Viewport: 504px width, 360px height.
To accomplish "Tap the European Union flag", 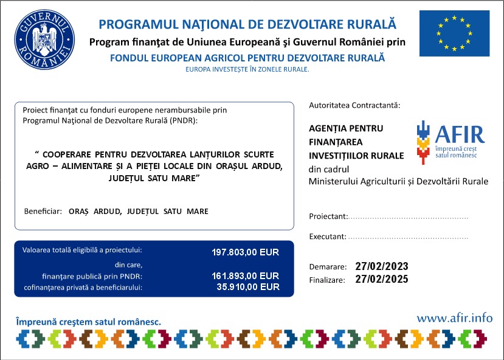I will [454, 33].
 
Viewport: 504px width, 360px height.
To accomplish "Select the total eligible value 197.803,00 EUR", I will [245, 252].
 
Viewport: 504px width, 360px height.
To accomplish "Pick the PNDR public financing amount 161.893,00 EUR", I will [245, 276].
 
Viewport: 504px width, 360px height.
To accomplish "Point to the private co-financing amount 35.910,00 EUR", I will [247, 286].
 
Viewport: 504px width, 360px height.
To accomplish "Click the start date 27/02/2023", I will [382, 267].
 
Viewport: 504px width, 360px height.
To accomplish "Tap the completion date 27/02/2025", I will [382, 280].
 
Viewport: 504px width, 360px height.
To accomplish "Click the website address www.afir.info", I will [455, 317].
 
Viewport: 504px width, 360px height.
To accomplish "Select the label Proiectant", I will [328, 216].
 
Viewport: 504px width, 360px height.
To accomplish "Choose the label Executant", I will [328, 237].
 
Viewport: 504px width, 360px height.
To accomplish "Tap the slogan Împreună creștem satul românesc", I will [88, 320].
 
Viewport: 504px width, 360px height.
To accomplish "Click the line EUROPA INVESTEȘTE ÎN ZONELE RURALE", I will [247, 69].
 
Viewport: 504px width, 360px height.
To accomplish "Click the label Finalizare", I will [327, 280].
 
